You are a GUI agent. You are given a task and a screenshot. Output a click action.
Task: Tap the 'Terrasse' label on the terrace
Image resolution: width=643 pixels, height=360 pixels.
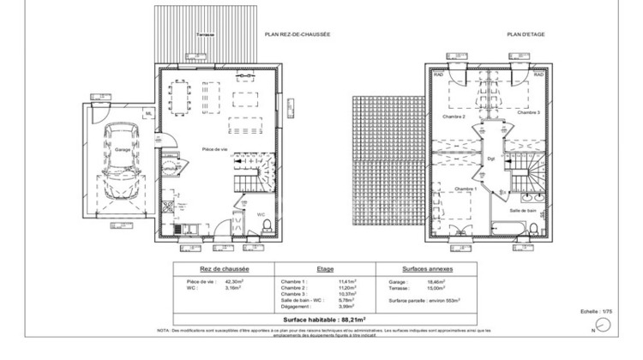click(205, 34)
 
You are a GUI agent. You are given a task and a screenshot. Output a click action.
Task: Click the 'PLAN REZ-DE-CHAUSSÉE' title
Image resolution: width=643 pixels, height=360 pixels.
click(297, 34)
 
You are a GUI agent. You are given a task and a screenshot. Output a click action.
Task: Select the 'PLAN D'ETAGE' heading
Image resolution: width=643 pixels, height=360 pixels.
click(526, 34)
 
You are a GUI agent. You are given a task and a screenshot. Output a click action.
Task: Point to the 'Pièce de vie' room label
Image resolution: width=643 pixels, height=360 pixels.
click(214, 149)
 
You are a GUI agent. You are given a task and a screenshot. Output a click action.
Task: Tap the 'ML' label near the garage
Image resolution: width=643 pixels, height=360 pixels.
click(147, 113)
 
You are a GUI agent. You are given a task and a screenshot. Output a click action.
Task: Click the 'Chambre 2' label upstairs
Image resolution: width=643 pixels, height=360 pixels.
click(454, 117)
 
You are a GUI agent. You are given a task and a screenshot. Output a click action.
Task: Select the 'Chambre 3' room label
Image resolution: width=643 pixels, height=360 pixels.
click(529, 112)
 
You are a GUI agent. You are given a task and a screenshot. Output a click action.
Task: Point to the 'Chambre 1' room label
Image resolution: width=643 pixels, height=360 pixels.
click(466, 189)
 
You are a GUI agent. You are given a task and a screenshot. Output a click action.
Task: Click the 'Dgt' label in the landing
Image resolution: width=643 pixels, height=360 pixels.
click(491, 159)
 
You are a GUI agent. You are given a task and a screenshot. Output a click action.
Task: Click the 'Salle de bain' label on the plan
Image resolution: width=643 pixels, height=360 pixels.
click(522, 210)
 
